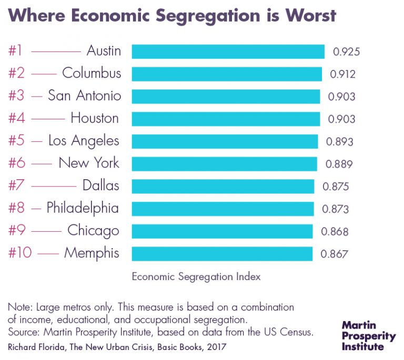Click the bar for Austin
click(x=228, y=52)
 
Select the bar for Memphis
click(x=221, y=254)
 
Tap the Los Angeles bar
click(x=225, y=141)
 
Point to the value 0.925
click(x=346, y=52)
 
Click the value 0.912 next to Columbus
click(x=342, y=74)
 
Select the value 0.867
click(x=335, y=254)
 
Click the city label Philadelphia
click(x=83, y=208)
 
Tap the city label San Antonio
click(x=84, y=96)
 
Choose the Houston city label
click(x=95, y=118)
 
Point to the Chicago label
click(x=93, y=231)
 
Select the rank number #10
click(x=21, y=253)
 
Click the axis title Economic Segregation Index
click(x=196, y=276)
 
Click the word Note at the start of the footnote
click(x=18, y=307)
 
